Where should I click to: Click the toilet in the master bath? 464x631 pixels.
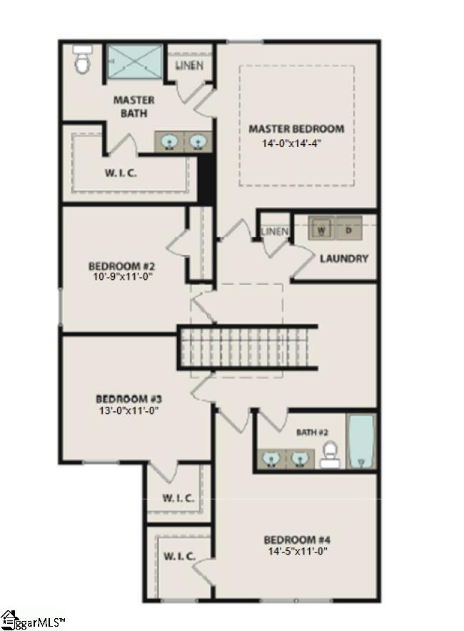coord(82,62)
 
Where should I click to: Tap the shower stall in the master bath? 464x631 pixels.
coord(134,63)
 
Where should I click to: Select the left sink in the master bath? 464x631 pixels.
coord(169,142)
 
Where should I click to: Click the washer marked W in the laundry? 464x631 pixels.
coord(322,230)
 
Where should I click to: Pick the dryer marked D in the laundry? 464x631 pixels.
coord(348,230)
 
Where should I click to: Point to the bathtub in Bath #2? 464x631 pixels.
coord(361,441)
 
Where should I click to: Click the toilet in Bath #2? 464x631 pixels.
coord(329,453)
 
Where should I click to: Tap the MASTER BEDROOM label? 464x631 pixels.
coord(296,129)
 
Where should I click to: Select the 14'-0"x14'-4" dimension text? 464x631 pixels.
coord(296,143)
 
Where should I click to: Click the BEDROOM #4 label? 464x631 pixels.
coord(296,539)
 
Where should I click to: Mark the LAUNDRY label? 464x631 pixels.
coord(343,258)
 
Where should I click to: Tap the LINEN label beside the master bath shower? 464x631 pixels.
coord(189,66)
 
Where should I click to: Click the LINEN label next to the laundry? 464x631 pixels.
coord(275,231)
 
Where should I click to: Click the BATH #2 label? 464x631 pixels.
coord(312,432)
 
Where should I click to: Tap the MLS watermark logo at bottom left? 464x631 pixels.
coord(32,620)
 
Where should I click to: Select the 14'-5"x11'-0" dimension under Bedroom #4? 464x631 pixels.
coord(296,551)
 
